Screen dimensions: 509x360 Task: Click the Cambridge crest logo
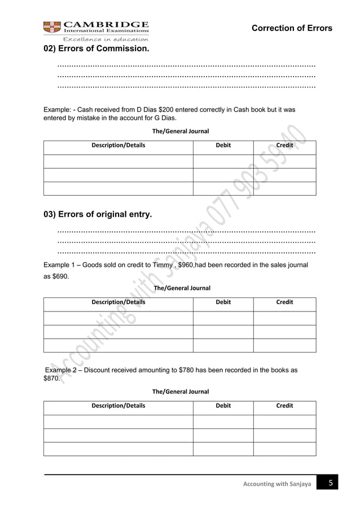pos(52,27)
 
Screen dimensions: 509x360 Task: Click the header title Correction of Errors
pos(292,28)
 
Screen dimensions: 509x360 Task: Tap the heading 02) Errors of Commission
pos(96,49)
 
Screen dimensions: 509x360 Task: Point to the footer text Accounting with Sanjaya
pos(277,485)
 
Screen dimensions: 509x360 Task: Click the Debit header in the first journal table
pos(223,146)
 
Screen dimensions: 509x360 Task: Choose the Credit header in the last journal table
pos(284,406)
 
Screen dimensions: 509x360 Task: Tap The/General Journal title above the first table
pos(180,131)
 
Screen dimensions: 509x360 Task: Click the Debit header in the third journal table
pos(223,406)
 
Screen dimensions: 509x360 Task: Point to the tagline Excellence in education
pos(105,39)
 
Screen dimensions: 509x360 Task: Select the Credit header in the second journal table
pos(284,302)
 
